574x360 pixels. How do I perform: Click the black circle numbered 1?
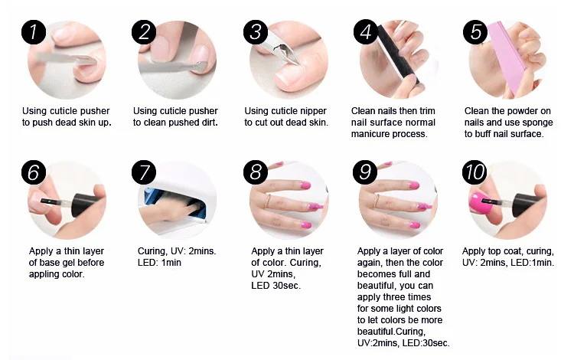click(34, 32)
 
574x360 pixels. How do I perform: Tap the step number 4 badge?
click(365, 32)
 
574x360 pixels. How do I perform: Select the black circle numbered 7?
click(144, 172)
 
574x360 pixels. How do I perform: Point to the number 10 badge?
click(475, 172)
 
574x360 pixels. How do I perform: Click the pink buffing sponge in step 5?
click(509, 59)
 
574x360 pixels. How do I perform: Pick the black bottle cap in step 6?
click(85, 205)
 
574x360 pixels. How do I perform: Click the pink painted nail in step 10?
click(481, 204)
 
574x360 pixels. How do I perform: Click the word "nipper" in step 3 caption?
click(312, 111)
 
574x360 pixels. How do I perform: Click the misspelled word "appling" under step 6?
click(43, 274)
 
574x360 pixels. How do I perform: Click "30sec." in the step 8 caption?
click(287, 286)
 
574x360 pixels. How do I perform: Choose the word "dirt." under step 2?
click(209, 123)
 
